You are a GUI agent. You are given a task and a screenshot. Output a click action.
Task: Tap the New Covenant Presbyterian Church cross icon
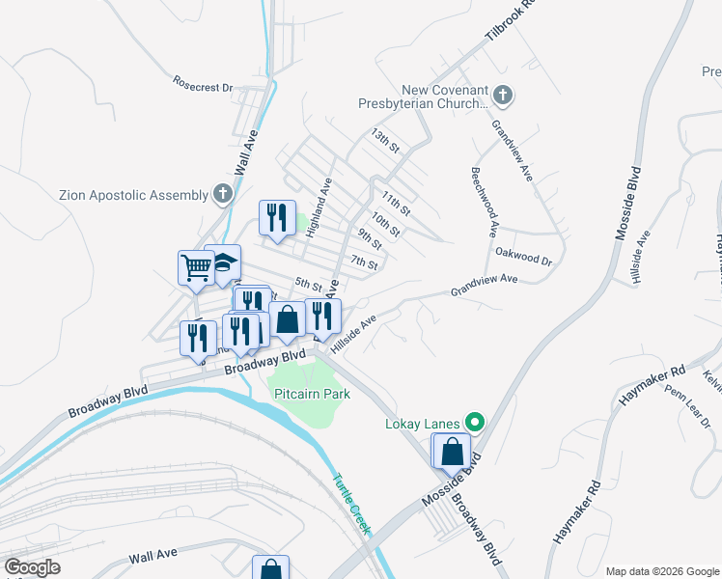tap(502, 96)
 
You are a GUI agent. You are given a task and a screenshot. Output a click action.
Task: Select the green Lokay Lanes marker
tap(475, 423)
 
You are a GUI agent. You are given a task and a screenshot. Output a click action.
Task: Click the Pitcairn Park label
tap(312, 394)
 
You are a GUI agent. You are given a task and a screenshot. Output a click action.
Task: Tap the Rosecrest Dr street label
tap(204, 86)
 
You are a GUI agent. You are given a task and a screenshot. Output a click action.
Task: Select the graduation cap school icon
tap(225, 264)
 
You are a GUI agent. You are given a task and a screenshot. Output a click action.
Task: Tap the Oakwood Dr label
tap(523, 261)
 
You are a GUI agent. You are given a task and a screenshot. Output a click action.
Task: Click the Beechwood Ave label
tap(485, 203)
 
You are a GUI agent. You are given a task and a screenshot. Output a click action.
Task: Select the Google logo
tap(33, 567)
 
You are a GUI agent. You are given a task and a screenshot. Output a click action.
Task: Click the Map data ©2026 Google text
tap(662, 571)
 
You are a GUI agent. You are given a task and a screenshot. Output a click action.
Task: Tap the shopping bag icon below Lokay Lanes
tap(453, 450)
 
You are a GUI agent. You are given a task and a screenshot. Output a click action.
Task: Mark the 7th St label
tap(364, 262)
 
